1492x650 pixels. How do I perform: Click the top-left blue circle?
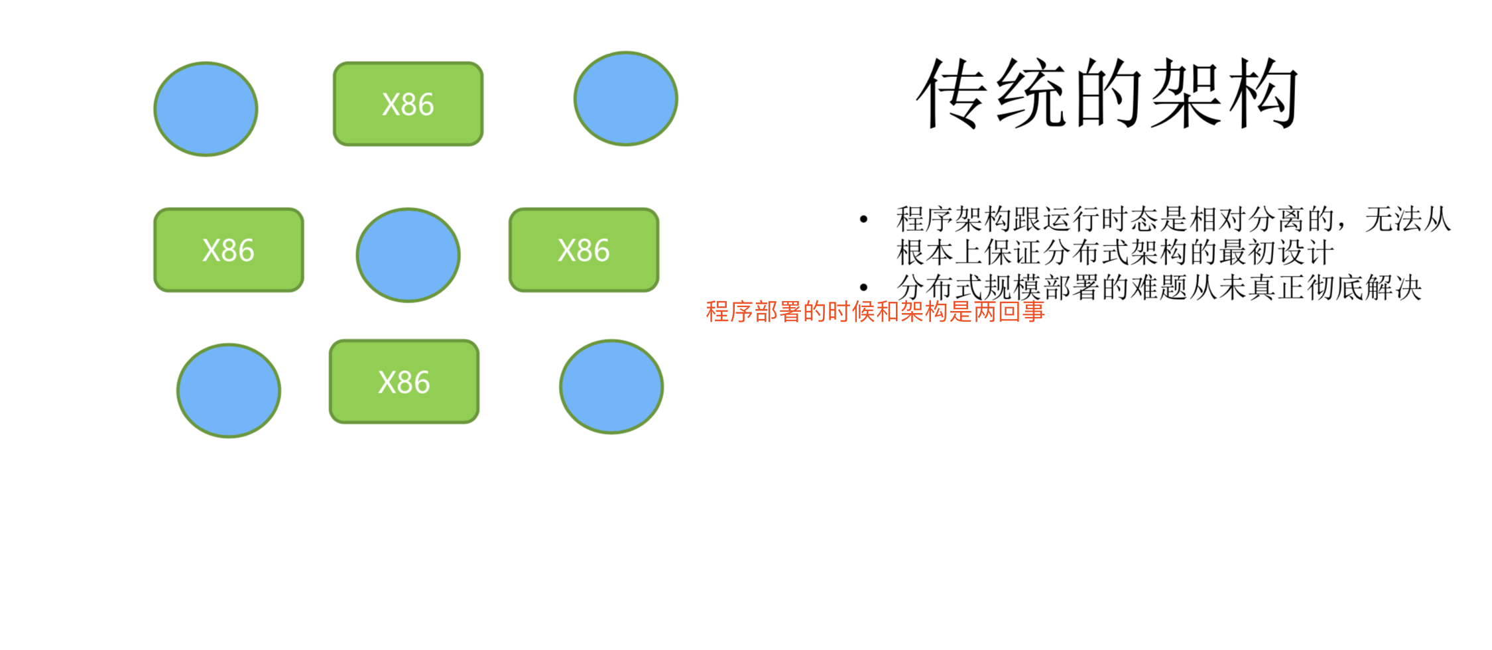[x=206, y=109]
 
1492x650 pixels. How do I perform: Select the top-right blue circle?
[x=625, y=99]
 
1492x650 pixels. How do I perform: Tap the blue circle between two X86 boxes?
[x=408, y=255]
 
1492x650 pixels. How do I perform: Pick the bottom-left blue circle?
[x=229, y=391]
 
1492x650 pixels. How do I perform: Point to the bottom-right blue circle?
[x=611, y=387]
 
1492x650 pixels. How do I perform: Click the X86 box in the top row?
[x=408, y=104]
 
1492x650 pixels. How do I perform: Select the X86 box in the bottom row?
[x=404, y=382]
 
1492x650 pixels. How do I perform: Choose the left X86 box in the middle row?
[x=229, y=250]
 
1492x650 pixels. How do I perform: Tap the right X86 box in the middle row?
[x=584, y=250]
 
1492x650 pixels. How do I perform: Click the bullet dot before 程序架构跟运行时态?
[x=863, y=220]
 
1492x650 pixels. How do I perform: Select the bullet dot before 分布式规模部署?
[x=863, y=288]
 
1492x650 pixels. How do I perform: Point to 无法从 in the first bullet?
[x=1408, y=220]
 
